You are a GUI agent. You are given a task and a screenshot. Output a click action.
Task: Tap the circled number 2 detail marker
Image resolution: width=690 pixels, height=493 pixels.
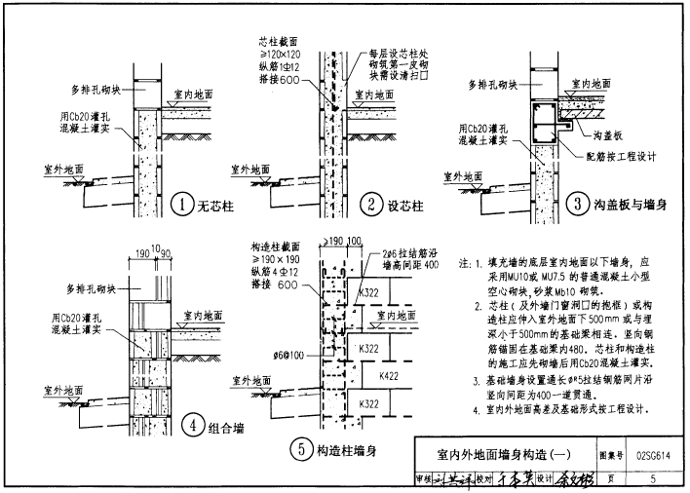(x=371, y=205)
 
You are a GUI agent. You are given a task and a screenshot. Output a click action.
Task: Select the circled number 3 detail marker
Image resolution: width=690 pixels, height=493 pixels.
(x=578, y=205)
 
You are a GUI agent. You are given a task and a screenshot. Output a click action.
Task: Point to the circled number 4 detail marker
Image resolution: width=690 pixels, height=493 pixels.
(x=193, y=425)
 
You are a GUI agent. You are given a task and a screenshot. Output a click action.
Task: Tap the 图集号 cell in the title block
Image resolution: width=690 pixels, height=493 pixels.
(x=609, y=455)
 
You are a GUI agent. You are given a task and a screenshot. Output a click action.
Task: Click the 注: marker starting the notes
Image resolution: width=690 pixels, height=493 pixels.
(x=465, y=264)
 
